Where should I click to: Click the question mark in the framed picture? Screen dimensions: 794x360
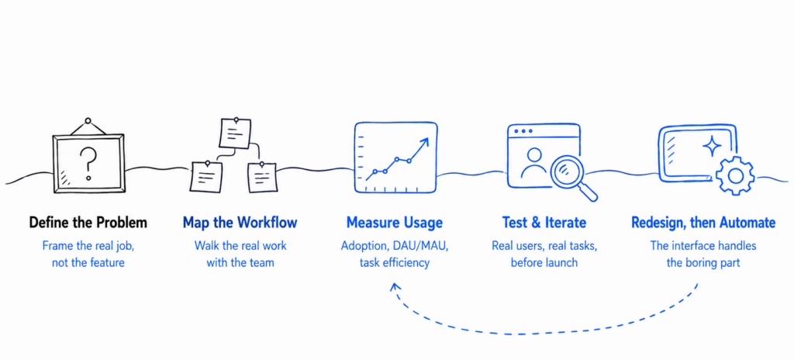pos(88,162)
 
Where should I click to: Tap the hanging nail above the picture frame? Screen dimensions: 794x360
pos(88,121)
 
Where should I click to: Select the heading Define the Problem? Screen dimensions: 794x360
pos(88,223)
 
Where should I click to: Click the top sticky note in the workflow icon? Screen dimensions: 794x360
pos(235,133)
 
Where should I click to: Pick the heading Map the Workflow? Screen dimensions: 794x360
pos(240,223)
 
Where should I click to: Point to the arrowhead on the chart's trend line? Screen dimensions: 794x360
pos(424,142)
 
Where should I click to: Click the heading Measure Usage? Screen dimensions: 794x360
pos(395,223)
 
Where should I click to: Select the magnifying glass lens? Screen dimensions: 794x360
pos(567,171)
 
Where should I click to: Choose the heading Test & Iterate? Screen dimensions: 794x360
pos(544,223)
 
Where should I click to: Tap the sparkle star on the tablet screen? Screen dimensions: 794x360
pos(713,147)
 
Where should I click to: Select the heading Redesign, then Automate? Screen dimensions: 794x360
pos(703,223)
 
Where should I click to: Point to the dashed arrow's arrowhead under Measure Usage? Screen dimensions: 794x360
pos(395,288)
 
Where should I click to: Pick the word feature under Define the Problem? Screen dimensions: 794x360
pos(105,263)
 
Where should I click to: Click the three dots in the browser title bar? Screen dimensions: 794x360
pos(523,131)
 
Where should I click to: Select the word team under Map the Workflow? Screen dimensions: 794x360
pos(261,263)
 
